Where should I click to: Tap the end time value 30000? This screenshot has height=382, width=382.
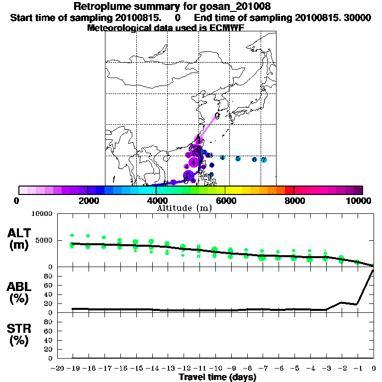[358, 17]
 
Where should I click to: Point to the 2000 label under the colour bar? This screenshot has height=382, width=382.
[87, 200]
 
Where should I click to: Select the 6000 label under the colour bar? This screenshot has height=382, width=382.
[225, 200]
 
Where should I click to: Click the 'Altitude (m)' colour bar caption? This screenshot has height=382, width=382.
[185, 208]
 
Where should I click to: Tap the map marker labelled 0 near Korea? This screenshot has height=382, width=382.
[217, 116]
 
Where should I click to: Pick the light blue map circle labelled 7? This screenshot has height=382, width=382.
[264, 160]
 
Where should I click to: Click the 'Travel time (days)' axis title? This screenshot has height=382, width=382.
[217, 378]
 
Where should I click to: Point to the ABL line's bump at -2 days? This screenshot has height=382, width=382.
[342, 302]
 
